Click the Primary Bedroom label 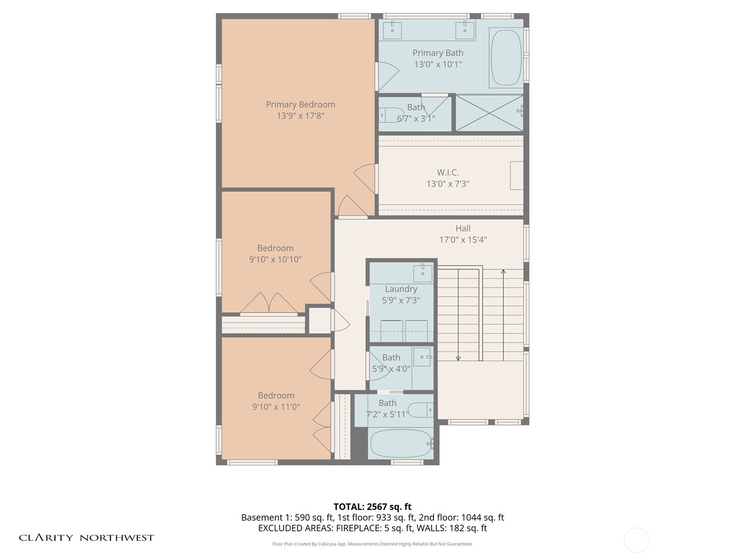tap(300, 104)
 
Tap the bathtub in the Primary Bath tap(506, 58)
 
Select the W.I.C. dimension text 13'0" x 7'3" tap(447, 184)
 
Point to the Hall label tap(463, 228)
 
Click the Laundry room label tap(401, 289)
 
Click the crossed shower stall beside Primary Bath tap(489, 113)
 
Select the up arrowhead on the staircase tap(503, 272)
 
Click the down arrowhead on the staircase tap(458, 358)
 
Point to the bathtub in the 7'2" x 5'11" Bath tap(401, 443)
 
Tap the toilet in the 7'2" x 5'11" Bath tap(420, 410)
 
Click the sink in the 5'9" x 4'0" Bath tap(422, 357)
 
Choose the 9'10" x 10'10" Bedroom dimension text tap(275, 259)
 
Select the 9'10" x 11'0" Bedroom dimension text tap(276, 407)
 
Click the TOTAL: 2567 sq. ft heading tap(372, 507)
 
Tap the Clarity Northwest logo tap(86, 538)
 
